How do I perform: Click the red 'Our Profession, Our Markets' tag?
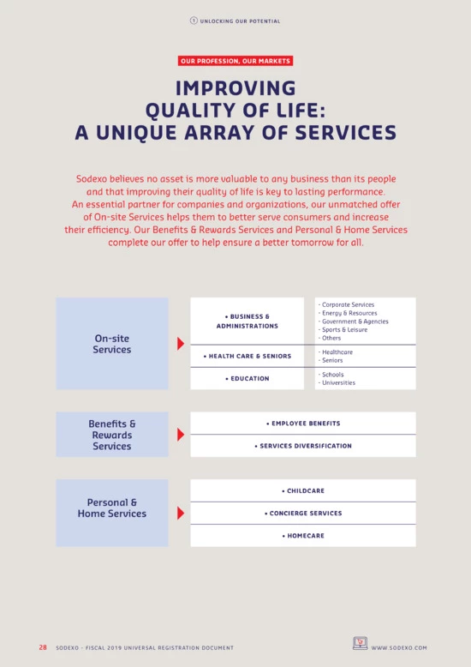coord(235,61)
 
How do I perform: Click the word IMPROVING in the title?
coord(235,88)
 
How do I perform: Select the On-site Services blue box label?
coord(112,344)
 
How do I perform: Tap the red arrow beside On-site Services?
coord(181,343)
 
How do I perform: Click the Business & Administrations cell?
coord(247,321)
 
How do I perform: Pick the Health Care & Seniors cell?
coord(247,356)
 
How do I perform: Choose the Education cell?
coord(247,379)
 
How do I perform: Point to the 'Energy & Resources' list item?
coord(349,313)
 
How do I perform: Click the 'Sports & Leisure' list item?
coord(344,330)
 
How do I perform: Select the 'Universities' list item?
coord(338,383)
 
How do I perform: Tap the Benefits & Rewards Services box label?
coord(112,435)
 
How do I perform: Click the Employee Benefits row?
coord(303,424)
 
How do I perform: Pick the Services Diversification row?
coord(303,446)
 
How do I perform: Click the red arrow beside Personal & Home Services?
coord(181,513)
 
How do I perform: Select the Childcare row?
coord(303,490)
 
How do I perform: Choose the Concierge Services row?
coord(303,513)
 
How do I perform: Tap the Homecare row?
coord(303,536)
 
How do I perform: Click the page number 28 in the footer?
coord(43,647)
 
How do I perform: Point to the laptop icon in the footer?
coord(360,643)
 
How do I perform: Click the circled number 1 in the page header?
coord(194,21)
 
